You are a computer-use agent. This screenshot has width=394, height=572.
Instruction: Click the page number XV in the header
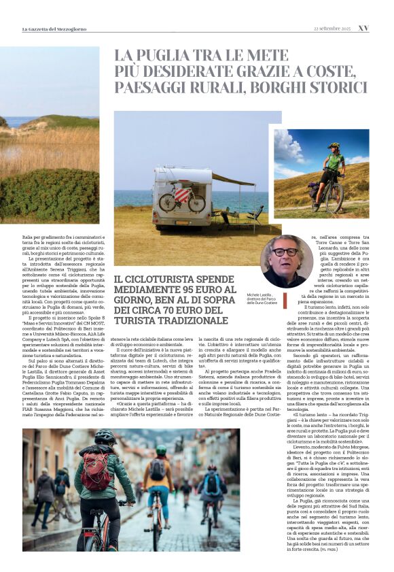pos(363,29)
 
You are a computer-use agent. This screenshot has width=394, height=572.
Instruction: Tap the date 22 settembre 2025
pos(332,29)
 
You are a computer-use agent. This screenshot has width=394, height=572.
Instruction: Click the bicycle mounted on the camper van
pos(182,199)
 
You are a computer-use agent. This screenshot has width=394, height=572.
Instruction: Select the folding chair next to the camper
pos(256,214)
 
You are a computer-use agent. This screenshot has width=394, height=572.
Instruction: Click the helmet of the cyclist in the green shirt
pos(334,146)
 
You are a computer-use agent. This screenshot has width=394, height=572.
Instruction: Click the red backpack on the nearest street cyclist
pos(96,469)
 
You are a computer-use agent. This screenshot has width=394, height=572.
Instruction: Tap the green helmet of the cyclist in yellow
pos(160,450)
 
